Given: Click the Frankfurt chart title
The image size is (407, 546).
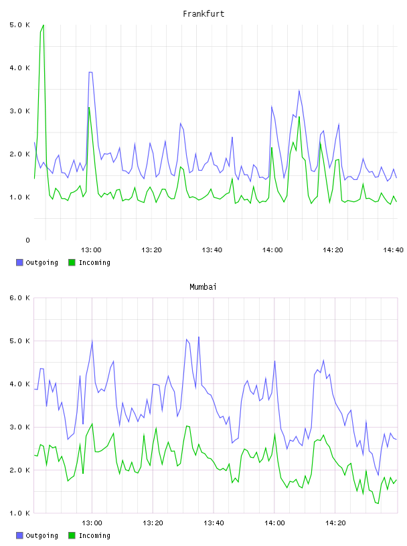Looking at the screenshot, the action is (203, 14).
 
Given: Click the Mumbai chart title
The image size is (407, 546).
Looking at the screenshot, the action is (203, 287).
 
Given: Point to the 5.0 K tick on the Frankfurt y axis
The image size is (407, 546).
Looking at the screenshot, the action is (19, 25).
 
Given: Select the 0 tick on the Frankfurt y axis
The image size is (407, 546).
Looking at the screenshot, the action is (27, 240).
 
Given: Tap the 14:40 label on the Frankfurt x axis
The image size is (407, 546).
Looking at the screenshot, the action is (393, 250).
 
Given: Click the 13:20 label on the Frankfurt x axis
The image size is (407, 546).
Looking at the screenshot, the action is (151, 250).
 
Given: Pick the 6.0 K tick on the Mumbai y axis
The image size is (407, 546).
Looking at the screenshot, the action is (19, 298).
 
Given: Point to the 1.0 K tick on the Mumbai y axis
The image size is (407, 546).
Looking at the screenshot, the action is (19, 513).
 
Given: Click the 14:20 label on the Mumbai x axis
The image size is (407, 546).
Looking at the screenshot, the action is (335, 523).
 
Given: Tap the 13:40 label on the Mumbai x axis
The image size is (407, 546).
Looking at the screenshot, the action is (214, 523).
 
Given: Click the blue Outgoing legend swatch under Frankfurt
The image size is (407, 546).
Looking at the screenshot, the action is (19, 262).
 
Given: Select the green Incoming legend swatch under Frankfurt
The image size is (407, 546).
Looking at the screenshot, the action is (72, 262).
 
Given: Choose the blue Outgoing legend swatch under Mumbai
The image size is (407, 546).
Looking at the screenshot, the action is (19, 535).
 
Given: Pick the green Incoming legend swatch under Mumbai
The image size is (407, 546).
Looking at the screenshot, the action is (72, 535).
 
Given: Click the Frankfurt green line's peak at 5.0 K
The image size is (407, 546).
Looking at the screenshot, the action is (44, 25).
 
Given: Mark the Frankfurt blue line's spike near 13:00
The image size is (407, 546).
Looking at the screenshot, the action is (90, 72).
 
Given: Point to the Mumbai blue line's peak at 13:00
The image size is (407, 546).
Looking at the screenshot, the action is (92, 341).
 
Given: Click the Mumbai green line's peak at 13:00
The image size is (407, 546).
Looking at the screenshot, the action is (92, 424).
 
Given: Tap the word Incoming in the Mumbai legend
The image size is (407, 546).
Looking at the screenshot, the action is (94, 535).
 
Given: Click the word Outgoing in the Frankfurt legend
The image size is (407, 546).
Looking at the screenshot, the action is (42, 262).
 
